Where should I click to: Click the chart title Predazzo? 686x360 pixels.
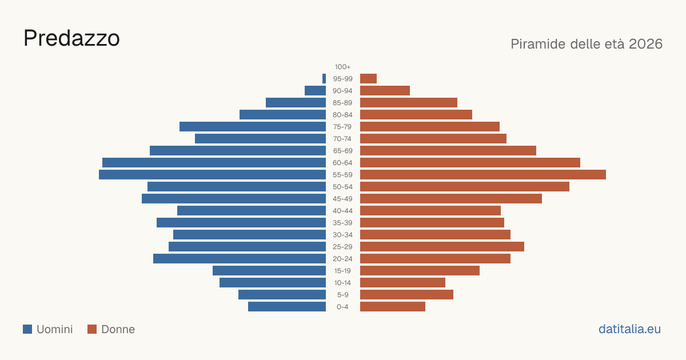71,38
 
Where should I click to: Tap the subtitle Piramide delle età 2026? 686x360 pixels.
587,44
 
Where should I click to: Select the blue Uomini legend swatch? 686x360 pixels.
27,329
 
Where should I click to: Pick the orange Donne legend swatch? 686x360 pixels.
92,329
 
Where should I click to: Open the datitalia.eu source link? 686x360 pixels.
629,329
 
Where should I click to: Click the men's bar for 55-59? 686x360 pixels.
212,174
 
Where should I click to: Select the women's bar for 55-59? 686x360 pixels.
483,174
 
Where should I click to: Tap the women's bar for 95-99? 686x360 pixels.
368,79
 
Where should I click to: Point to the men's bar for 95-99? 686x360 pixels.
324,79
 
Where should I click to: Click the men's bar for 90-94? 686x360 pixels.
315,91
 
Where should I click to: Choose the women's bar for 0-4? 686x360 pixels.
393,307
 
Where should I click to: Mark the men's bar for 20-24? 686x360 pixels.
240,259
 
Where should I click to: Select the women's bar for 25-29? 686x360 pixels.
442,247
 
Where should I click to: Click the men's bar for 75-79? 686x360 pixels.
253,127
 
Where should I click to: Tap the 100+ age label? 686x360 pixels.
342,67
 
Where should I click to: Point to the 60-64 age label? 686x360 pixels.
342,163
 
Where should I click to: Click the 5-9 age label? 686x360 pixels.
342,295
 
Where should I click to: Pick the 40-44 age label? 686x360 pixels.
342,211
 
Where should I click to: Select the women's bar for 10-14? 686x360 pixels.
402,282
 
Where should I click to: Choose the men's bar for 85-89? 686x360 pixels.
296,102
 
